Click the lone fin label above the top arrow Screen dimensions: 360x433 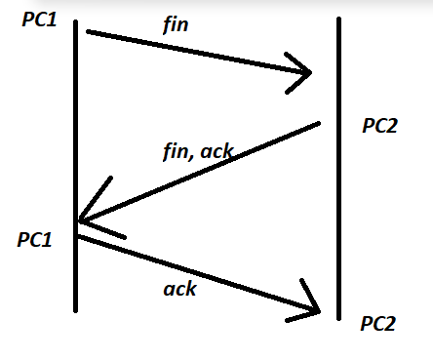pyautogui.click(x=175, y=25)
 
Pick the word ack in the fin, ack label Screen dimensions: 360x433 pyautogui.click(x=216, y=149)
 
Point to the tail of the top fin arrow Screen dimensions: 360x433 pyautogui.click(x=89, y=32)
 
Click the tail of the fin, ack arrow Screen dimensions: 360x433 pyautogui.click(x=319, y=123)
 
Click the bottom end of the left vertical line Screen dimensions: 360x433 pyautogui.click(x=75, y=310)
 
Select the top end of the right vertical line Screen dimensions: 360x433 pyautogui.click(x=338, y=18)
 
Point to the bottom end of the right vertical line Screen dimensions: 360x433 pyautogui.click(x=338, y=318)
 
